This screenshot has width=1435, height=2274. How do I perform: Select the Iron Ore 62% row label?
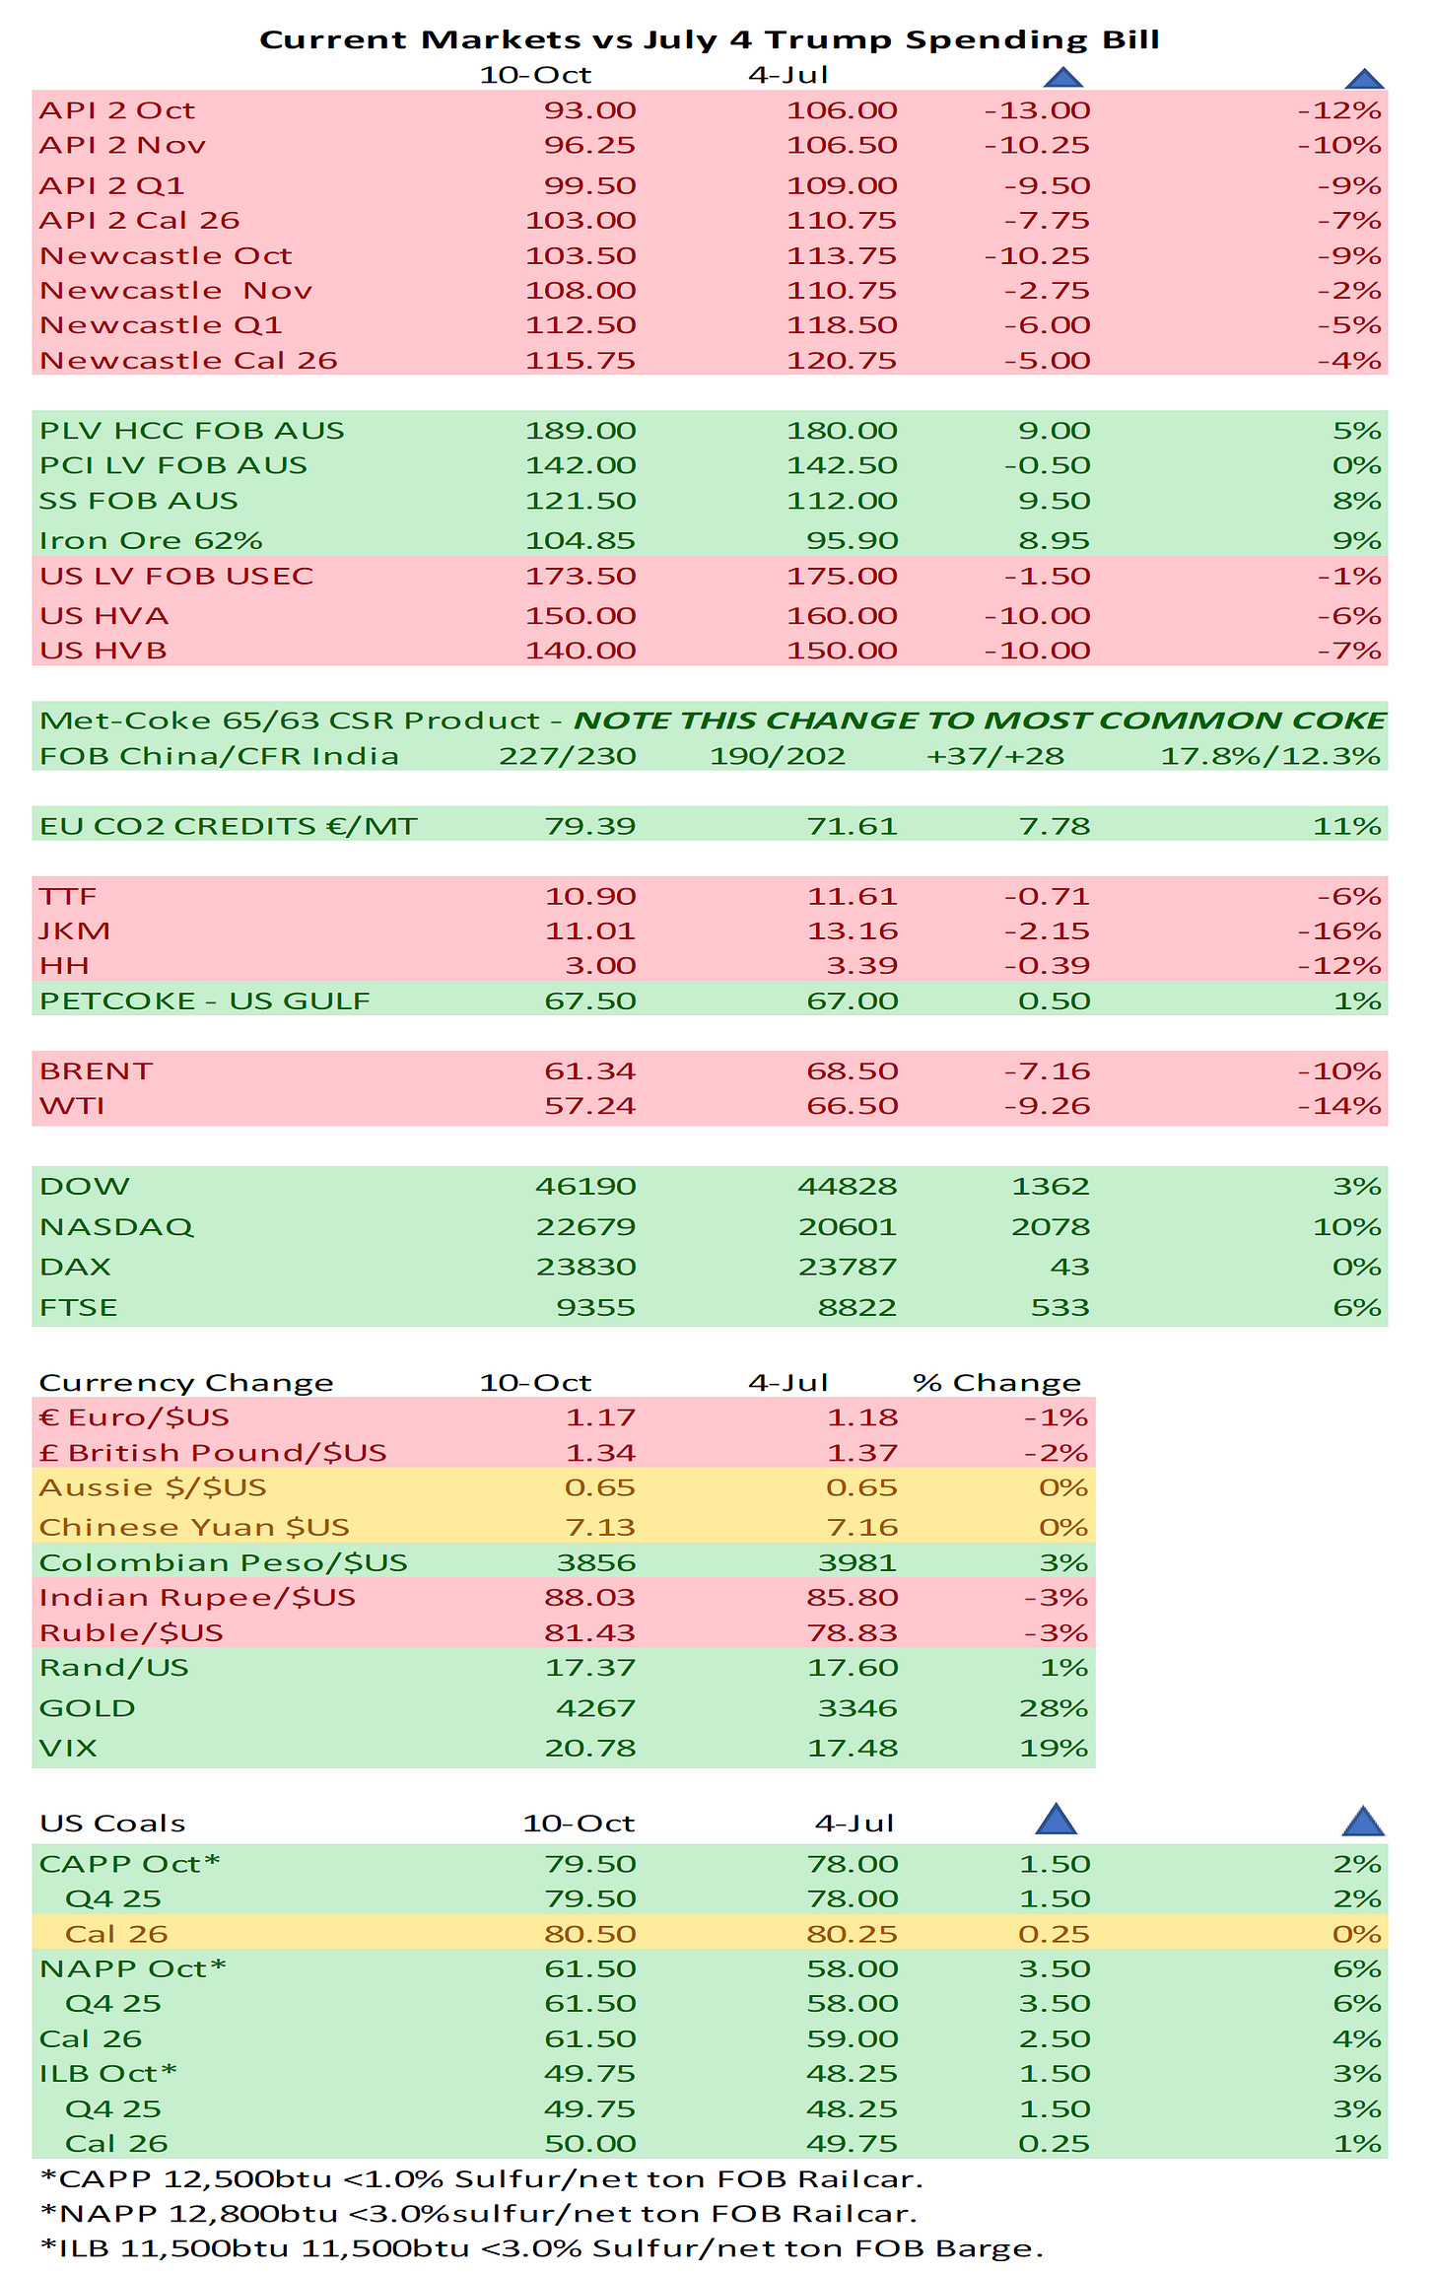click(x=151, y=540)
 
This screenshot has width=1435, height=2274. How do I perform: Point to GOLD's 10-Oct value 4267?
click(x=595, y=1707)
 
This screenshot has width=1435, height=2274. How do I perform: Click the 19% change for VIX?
click(x=1053, y=1748)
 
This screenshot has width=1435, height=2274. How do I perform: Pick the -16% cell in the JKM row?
click(x=1338, y=930)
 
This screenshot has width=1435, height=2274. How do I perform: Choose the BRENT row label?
click(x=96, y=1070)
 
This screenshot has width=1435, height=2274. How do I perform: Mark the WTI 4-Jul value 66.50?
click(x=852, y=1105)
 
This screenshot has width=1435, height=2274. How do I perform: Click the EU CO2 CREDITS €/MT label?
click(x=229, y=825)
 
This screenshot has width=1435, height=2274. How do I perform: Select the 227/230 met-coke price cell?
click(x=567, y=756)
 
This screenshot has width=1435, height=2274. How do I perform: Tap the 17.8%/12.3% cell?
click(x=1269, y=756)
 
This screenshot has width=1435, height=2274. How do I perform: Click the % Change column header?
click(x=996, y=1382)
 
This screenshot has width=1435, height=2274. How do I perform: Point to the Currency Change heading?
click(x=186, y=1382)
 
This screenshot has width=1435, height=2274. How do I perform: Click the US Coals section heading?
click(x=112, y=1823)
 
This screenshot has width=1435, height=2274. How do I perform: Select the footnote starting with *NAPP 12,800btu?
click(x=479, y=2213)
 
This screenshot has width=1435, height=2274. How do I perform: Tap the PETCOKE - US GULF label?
click(x=205, y=1000)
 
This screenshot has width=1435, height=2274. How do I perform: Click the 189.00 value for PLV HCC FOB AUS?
click(x=581, y=430)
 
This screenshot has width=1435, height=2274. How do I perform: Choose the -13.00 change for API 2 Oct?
click(x=1037, y=110)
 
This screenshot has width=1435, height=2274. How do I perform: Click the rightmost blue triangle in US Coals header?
click(x=1363, y=1821)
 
